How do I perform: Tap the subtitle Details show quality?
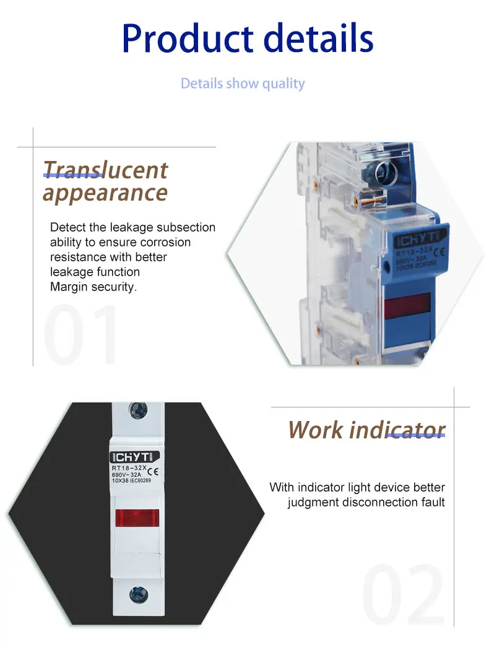coord(243,83)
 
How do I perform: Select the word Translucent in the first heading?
coord(105,170)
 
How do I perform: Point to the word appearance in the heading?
coord(105,193)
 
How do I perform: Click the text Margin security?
coord(93,287)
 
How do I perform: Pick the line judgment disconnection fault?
coord(366,502)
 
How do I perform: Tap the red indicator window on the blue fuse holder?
coord(407,305)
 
